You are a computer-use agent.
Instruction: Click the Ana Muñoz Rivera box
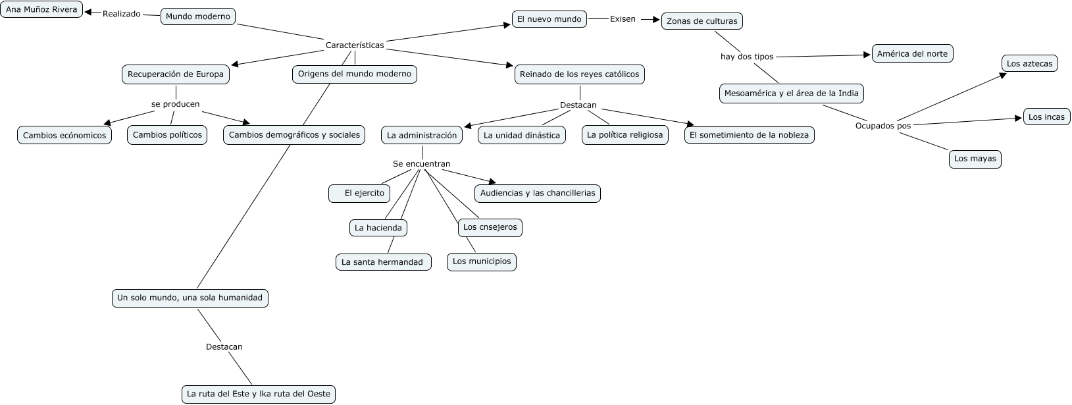[x=41, y=10]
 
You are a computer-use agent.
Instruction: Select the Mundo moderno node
[x=198, y=16]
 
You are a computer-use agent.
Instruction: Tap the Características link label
[x=355, y=45]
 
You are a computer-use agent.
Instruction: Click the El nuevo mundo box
[x=549, y=19]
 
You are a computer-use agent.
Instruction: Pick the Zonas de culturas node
[x=702, y=21]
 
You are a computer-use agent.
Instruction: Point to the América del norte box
[x=913, y=54]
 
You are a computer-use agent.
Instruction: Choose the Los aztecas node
[x=1030, y=64]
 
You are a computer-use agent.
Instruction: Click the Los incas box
[x=1046, y=117]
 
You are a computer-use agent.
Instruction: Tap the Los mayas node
[x=975, y=159]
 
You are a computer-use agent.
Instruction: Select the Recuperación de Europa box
[x=176, y=74]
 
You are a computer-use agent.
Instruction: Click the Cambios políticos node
[x=167, y=135]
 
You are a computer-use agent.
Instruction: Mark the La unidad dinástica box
[x=522, y=136]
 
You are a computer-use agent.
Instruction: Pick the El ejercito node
[x=359, y=194]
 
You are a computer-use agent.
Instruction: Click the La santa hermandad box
[x=383, y=262]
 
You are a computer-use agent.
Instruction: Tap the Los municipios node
[x=482, y=261]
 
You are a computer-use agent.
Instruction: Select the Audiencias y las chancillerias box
[x=538, y=194]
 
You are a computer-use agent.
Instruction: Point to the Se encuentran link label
[x=422, y=164]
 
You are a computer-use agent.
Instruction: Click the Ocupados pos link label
[x=883, y=126]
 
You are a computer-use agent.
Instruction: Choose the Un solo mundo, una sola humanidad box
[x=190, y=298]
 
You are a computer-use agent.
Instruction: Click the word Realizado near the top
[x=122, y=14]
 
